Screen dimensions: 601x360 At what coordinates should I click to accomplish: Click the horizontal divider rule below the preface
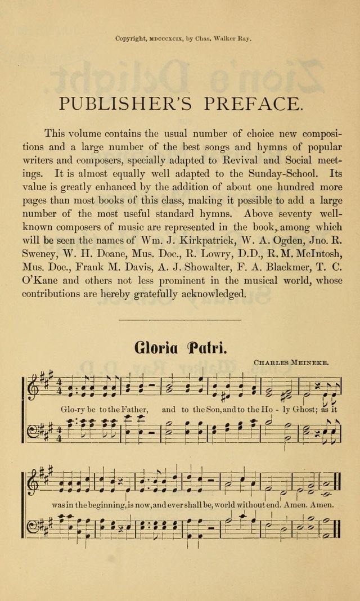(x=180, y=321)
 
